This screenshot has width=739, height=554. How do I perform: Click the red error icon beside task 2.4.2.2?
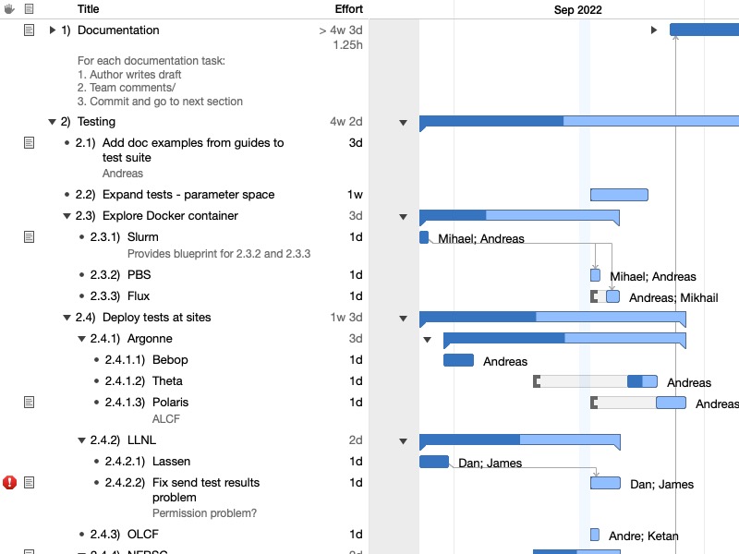10,482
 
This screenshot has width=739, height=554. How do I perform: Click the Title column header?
89,9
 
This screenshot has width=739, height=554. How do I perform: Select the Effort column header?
348,9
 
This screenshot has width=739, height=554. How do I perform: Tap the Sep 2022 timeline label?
578,10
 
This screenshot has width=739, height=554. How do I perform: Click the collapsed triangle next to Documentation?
53,30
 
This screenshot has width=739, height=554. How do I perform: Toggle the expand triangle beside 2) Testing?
52,122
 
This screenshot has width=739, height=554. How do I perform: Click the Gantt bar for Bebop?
458,360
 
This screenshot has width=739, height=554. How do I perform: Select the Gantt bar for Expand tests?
619,195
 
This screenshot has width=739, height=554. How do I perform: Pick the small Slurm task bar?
424,237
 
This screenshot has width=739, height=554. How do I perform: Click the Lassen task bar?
433,462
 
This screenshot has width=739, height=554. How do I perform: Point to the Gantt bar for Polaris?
671,403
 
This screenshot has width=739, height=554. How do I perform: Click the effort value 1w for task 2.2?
355,195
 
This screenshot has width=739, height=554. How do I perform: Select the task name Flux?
139,296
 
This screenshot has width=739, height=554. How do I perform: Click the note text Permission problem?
204,513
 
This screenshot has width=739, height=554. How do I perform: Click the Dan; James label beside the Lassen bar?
490,464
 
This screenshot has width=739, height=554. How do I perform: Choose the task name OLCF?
143,535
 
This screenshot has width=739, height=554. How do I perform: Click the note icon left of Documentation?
29,30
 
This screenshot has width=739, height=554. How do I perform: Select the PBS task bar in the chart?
595,275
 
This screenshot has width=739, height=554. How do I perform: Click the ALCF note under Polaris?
165,418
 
